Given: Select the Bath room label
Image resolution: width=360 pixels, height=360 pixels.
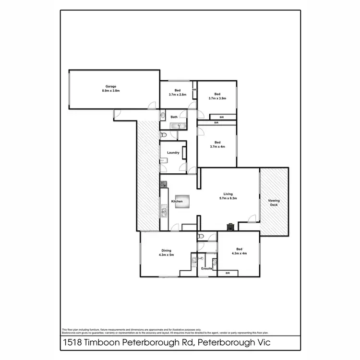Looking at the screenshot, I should pos(174,117).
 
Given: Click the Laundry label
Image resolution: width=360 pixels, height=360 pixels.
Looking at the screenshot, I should pos(173,153).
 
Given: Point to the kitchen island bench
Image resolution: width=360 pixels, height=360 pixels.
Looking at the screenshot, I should pos(180,202).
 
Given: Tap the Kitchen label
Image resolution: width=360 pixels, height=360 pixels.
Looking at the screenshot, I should pos(177,202).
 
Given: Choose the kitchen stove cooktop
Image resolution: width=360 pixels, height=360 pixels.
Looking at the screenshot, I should pos(163,183).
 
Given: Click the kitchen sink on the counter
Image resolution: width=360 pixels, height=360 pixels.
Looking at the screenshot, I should pos(164,210).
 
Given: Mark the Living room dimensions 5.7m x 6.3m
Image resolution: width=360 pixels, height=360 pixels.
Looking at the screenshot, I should pos(228,198).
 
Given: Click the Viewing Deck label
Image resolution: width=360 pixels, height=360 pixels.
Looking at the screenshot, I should pos(274,203).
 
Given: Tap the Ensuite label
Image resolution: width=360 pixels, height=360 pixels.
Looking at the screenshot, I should pos(207,270).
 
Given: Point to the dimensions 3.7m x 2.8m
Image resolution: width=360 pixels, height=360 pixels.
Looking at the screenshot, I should pos(177,95).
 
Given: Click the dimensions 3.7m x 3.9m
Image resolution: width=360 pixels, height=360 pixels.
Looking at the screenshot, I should pos(217,98).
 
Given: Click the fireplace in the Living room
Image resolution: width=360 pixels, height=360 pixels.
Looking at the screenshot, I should pos(230,226).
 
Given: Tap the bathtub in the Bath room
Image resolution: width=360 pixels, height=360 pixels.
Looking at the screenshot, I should pos(180,126).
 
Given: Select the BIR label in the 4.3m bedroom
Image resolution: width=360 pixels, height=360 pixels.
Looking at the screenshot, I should pos(228,273).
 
